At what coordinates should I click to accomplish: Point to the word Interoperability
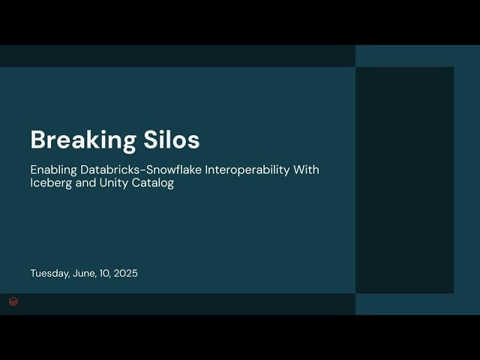click(x=243, y=170)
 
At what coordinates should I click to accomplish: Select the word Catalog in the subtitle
click(x=153, y=184)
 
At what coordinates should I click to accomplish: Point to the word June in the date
click(x=84, y=274)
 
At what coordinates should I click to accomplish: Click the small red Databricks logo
click(x=13, y=301)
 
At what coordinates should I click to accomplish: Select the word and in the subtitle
click(x=84, y=184)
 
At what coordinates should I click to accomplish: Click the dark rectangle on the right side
click(x=404, y=180)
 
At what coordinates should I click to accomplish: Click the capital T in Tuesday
click(x=33, y=274)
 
